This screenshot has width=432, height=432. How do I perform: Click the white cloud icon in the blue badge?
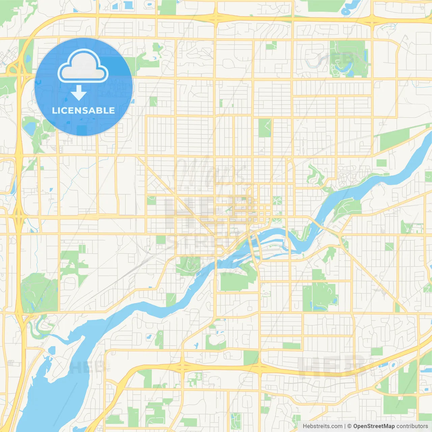tap(83, 66)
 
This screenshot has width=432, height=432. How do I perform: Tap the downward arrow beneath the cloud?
tap(79, 93)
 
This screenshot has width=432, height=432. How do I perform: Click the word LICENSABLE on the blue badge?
tap(83, 111)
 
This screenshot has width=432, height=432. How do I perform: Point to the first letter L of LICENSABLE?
tap(54, 111)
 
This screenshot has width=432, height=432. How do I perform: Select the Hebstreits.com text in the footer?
tap(322, 426)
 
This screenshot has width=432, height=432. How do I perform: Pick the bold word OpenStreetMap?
tap(374, 426)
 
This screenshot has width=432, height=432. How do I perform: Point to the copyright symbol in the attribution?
tap(349, 426)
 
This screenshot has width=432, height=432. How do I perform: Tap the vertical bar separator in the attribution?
tap(345, 426)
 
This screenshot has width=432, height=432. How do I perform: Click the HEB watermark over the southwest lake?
tap(86, 367)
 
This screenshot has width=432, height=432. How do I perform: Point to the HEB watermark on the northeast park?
tap(336, 59)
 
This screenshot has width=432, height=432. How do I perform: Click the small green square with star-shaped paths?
tap(277, 200)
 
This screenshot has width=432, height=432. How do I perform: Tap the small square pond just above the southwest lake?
tap(52, 350)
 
